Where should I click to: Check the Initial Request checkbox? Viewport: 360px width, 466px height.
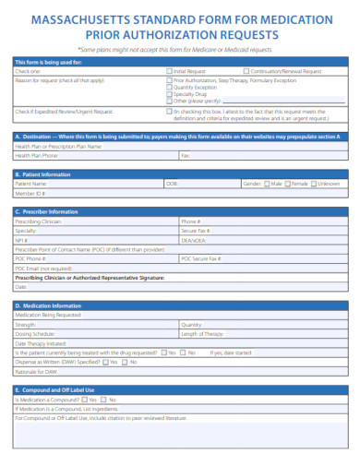tap(169, 71)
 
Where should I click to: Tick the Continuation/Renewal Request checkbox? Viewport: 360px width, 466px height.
tap(246, 71)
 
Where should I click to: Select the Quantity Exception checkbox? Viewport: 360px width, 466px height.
tap(169, 87)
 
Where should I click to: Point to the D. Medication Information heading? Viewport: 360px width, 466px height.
tap(47, 305)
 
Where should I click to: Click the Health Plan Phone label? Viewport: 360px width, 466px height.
tap(37, 155)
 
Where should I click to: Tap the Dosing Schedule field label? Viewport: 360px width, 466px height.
tap(35, 333)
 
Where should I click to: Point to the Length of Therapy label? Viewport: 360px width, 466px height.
tap(201, 333)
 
